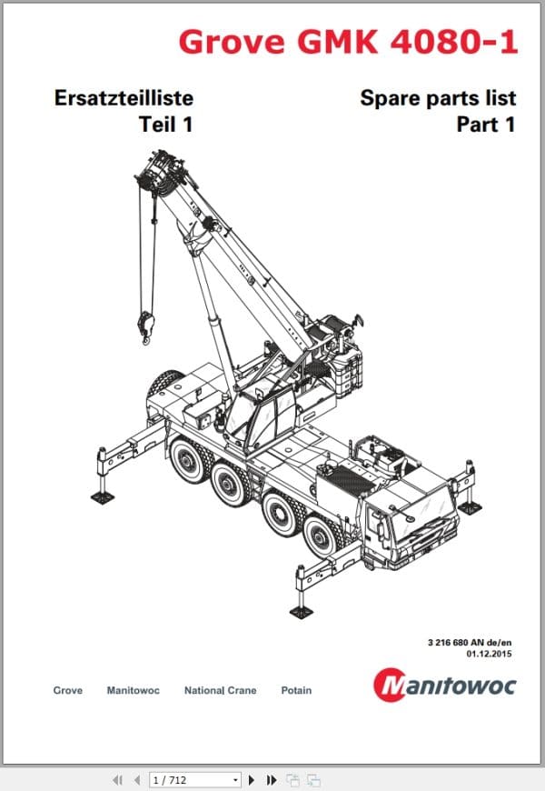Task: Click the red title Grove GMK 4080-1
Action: click(349, 42)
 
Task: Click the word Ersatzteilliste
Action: click(124, 98)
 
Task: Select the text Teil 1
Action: click(166, 125)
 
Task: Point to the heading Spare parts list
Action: click(438, 98)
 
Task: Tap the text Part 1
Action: click(486, 125)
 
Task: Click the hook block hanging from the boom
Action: click(145, 327)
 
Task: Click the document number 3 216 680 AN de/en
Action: click(470, 642)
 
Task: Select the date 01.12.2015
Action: click(489, 654)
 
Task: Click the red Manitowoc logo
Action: click(445, 685)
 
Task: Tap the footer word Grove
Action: click(67, 690)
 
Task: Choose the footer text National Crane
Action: click(221, 690)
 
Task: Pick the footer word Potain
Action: click(296, 690)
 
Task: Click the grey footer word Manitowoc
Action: click(134, 690)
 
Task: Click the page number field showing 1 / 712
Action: click(194, 780)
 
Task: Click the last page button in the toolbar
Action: click(272, 780)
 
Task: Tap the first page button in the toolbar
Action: click(118, 780)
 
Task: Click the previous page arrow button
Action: click(137, 780)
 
